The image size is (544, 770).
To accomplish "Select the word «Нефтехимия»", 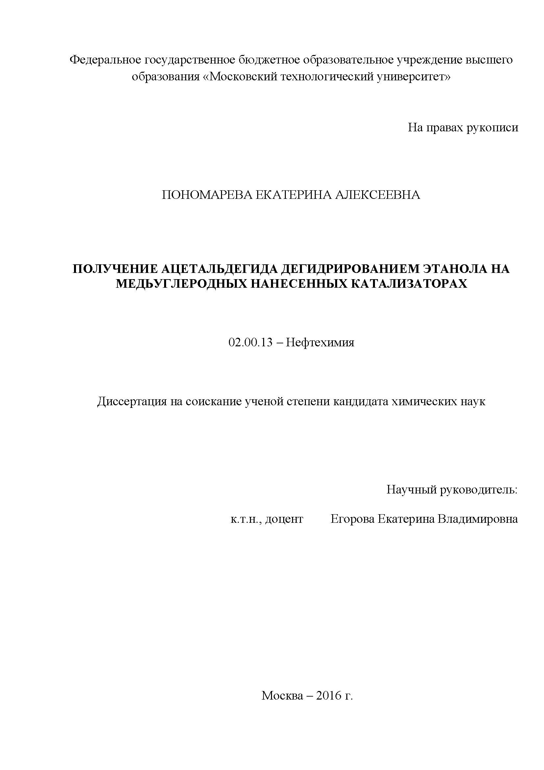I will pos(320,342).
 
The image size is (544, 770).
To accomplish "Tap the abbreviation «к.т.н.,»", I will pos(246,519).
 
